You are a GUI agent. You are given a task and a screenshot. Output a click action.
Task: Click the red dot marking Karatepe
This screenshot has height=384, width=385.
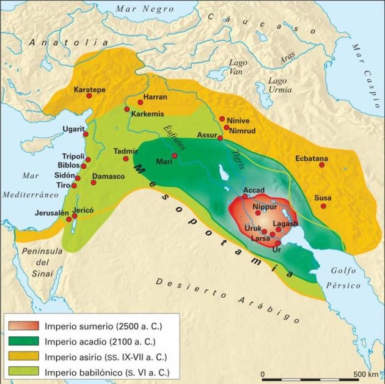click(x=89, y=96)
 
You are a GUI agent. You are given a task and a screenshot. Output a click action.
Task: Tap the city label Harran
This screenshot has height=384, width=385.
click(x=154, y=97)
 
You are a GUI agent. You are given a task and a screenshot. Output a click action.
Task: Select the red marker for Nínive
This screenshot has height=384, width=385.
click(x=222, y=119)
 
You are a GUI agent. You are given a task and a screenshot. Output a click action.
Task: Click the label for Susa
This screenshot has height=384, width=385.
click(x=323, y=198)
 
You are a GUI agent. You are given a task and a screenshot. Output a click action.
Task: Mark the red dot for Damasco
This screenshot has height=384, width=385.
click(x=94, y=182)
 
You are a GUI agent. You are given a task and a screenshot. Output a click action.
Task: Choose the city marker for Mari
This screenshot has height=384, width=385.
click(x=174, y=155)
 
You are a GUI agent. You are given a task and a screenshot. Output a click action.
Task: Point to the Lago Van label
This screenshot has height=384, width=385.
click(x=238, y=67)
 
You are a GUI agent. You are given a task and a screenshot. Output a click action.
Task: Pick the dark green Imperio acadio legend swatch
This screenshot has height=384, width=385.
click(x=23, y=341)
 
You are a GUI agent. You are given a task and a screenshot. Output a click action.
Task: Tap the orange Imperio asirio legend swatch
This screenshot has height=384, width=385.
click(x=23, y=356)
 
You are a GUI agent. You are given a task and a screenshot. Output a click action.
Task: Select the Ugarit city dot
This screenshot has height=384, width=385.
click(x=86, y=134)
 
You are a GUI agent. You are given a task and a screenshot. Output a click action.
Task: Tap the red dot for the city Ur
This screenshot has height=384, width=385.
click(x=277, y=243)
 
